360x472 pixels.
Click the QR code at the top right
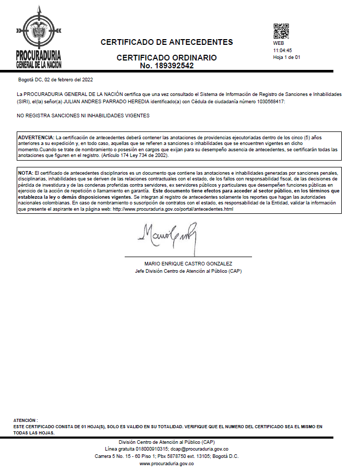pyautogui.click(x=281, y=32)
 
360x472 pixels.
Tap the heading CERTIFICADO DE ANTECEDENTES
pyautogui.click(x=166, y=42)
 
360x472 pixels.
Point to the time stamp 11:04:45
pyautogui.click(x=282, y=51)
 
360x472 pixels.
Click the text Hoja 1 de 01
pyautogui.click(x=286, y=57)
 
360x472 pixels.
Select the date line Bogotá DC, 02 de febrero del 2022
pyautogui.click(x=55, y=80)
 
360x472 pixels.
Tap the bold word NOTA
pyautogui.click(x=25, y=172)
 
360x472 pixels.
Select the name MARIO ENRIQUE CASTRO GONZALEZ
pyautogui.click(x=188, y=264)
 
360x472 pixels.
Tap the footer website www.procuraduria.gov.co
pyautogui.click(x=166, y=464)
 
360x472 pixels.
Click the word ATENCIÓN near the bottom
pyautogui.click(x=25, y=420)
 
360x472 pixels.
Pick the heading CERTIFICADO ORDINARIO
pyautogui.click(x=166, y=58)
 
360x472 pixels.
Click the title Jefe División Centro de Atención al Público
pyautogui.click(x=188, y=271)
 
